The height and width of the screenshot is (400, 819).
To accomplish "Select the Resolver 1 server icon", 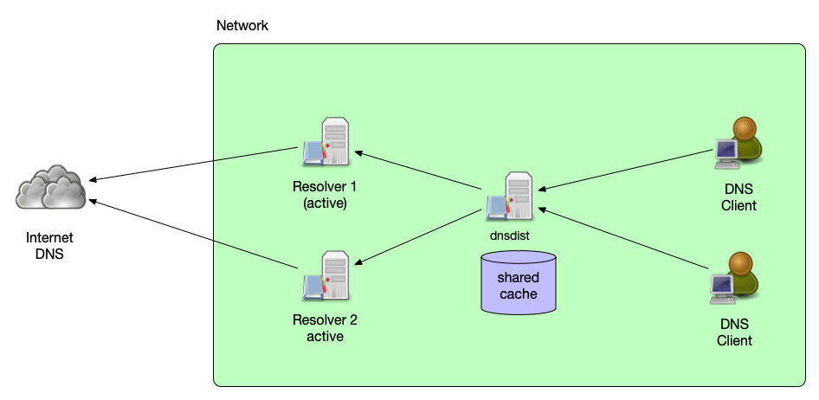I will click(x=326, y=142).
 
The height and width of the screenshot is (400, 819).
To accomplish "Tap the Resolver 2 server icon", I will click(x=326, y=274).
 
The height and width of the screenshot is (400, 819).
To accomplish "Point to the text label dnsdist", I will click(x=509, y=235).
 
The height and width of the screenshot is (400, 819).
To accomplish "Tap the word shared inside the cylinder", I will click(x=518, y=278).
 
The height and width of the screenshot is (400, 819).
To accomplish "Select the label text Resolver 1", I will click(x=325, y=187).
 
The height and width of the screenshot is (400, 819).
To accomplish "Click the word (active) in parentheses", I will click(x=325, y=203).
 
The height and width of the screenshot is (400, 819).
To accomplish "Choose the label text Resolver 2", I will click(x=325, y=320).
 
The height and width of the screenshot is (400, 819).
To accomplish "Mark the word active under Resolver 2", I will click(x=325, y=336).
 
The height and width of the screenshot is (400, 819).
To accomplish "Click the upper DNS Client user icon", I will click(x=738, y=142).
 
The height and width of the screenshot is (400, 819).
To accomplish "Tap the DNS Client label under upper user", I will click(x=738, y=197).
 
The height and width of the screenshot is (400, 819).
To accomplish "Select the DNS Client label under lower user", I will click(x=734, y=332).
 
